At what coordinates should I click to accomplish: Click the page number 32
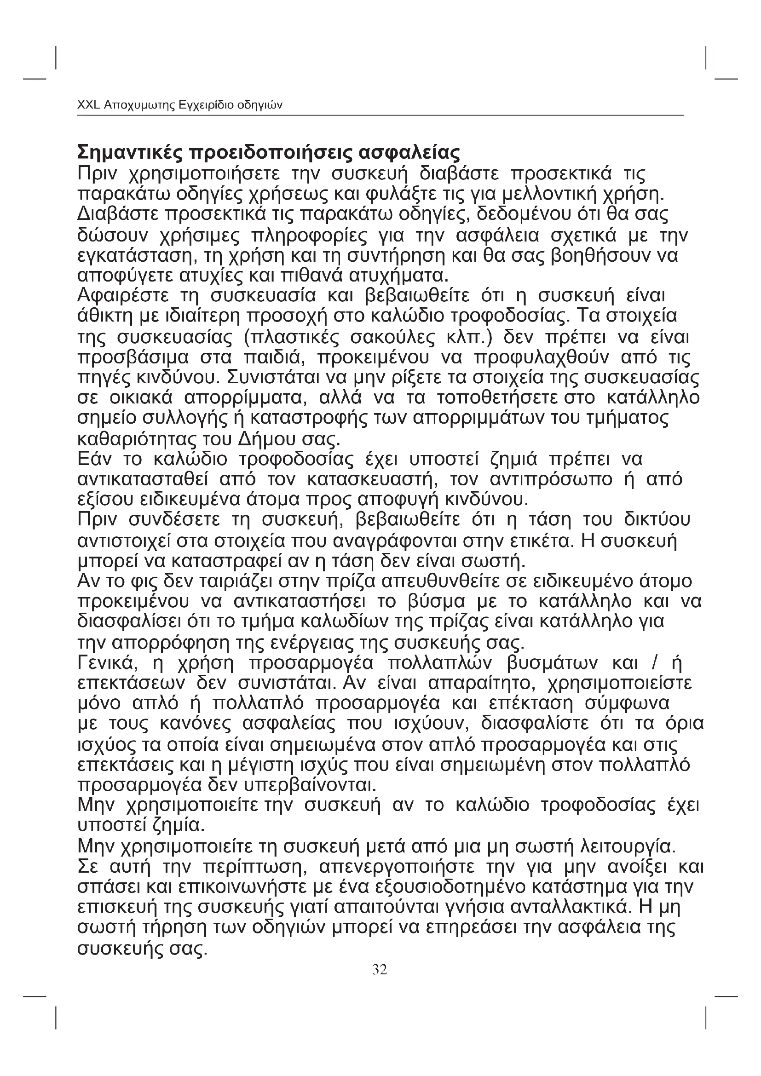[x=379, y=969]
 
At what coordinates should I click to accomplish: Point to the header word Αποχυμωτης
[x=138, y=105]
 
